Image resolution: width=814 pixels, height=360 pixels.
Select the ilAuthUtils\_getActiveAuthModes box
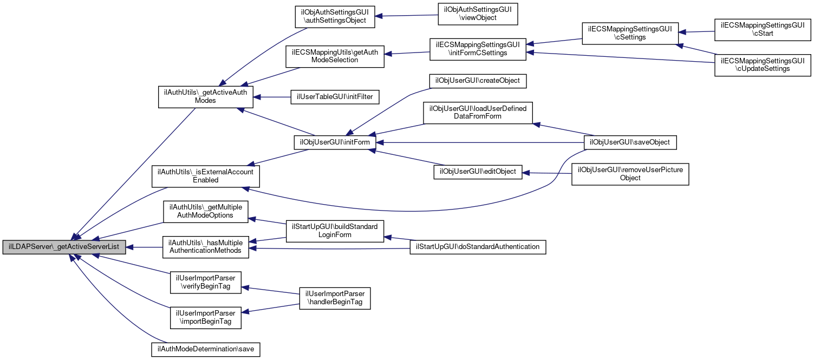205,96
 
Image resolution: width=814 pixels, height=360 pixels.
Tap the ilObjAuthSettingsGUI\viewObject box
478,14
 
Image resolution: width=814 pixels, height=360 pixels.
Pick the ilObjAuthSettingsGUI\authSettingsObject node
335,17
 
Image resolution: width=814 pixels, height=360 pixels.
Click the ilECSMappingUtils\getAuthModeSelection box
335,56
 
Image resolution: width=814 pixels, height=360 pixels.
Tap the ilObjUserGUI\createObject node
478,81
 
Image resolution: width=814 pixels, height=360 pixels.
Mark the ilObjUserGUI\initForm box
335,142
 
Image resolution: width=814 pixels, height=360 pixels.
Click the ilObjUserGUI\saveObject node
630,142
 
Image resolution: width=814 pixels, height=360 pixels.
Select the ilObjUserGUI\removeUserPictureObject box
630,174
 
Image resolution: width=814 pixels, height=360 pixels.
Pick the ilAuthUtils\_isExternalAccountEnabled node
205,176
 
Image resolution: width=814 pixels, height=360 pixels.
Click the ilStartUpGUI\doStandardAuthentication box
477,247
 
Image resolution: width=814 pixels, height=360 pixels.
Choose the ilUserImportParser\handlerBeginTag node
335,298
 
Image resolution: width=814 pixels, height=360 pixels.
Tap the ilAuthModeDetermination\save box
205,350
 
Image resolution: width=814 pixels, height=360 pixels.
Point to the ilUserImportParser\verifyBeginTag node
205,283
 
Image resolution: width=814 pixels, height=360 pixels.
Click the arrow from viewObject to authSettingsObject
406,16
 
